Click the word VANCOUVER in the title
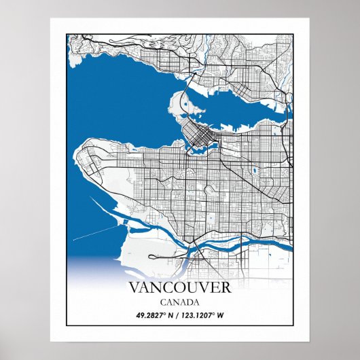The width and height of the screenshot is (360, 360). (x=179, y=287)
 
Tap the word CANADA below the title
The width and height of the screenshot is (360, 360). (x=180, y=302)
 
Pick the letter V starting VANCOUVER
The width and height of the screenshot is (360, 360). (x=134, y=287)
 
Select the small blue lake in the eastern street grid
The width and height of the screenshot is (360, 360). (x=255, y=170)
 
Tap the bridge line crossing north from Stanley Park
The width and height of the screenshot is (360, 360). (x=191, y=85)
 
